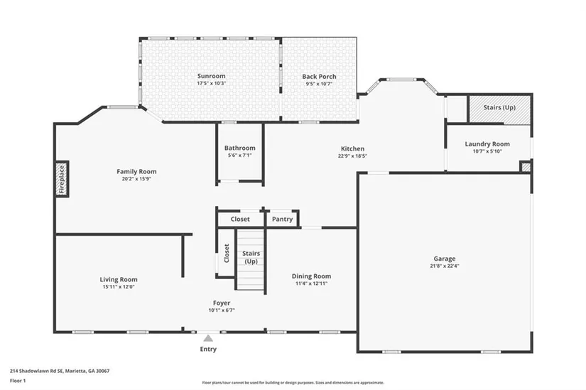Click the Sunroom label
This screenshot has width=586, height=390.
tap(212, 76)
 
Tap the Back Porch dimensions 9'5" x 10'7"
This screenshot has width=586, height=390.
tap(319, 84)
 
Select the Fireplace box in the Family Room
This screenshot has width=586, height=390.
tap(62, 179)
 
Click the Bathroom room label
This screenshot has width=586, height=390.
tap(240, 148)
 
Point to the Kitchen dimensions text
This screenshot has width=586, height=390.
tap(352, 156)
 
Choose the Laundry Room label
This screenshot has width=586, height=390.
tap(487, 144)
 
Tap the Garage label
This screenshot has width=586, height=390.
tap(445, 259)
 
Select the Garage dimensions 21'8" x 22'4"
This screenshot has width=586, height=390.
tap(445, 266)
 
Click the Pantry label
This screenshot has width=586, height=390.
tap(282, 219)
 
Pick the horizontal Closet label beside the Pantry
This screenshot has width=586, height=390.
tap(240, 219)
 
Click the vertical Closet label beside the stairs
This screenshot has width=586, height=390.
tap(227, 254)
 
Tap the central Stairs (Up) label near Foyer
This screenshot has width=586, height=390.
tap(251, 257)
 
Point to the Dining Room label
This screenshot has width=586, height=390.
tap(311, 276)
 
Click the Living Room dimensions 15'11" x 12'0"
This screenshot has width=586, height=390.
tap(119, 287)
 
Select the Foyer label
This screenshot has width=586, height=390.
tap(222, 303)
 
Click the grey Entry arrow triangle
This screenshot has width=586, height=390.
tap(208, 338)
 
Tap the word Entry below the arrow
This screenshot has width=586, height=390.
tap(208, 350)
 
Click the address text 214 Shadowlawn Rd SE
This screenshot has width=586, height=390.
tap(37, 372)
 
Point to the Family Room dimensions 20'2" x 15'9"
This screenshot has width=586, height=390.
tap(136, 179)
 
